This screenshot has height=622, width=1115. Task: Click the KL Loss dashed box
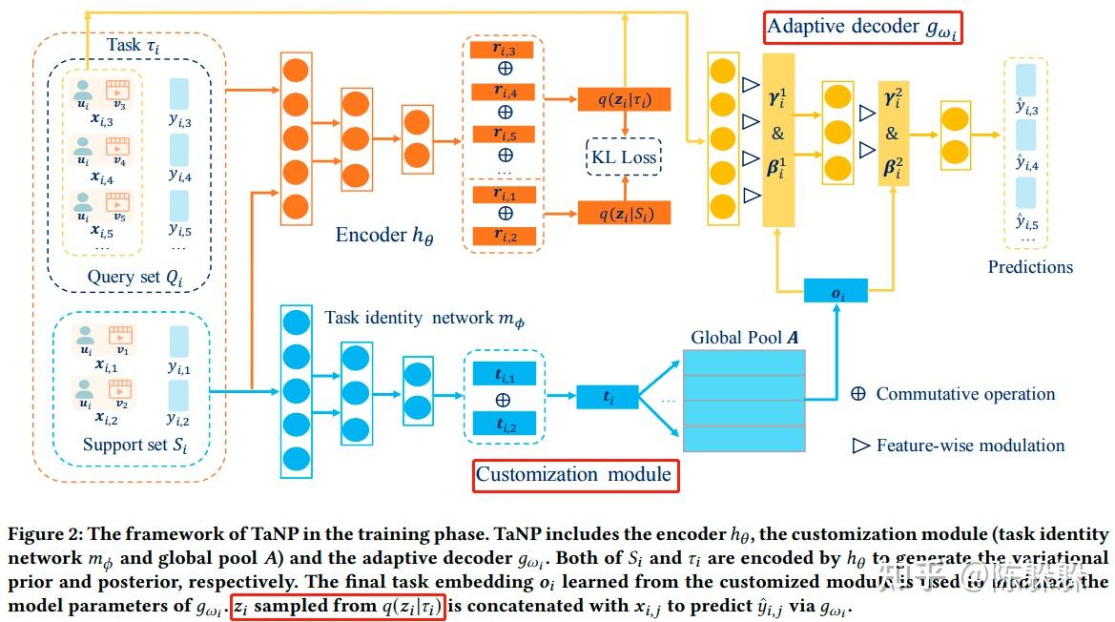625,157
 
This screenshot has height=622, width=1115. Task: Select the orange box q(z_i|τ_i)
624,99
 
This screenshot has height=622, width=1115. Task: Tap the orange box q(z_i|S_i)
624,213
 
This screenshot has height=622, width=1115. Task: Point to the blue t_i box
607,395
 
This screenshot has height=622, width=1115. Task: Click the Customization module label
575,475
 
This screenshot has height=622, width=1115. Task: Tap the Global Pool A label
746,338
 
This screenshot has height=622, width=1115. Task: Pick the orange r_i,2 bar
504,236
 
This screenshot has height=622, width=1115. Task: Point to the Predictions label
1030,267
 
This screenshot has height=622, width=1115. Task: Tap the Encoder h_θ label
383,235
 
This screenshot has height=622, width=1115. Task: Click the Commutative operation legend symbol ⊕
857,394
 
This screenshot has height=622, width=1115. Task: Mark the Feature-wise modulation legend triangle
860,445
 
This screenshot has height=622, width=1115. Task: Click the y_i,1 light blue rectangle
179,341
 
